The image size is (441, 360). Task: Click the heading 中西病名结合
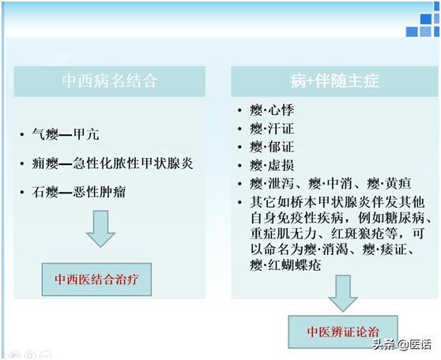tap(110, 81)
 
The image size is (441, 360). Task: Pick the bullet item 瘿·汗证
tap(266, 127)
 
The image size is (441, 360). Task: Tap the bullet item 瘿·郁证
tap(266, 146)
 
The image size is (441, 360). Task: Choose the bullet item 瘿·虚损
tap(266, 165)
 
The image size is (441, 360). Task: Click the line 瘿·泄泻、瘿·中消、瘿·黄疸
tap(319, 184)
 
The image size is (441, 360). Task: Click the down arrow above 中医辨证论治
tap(343, 292)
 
